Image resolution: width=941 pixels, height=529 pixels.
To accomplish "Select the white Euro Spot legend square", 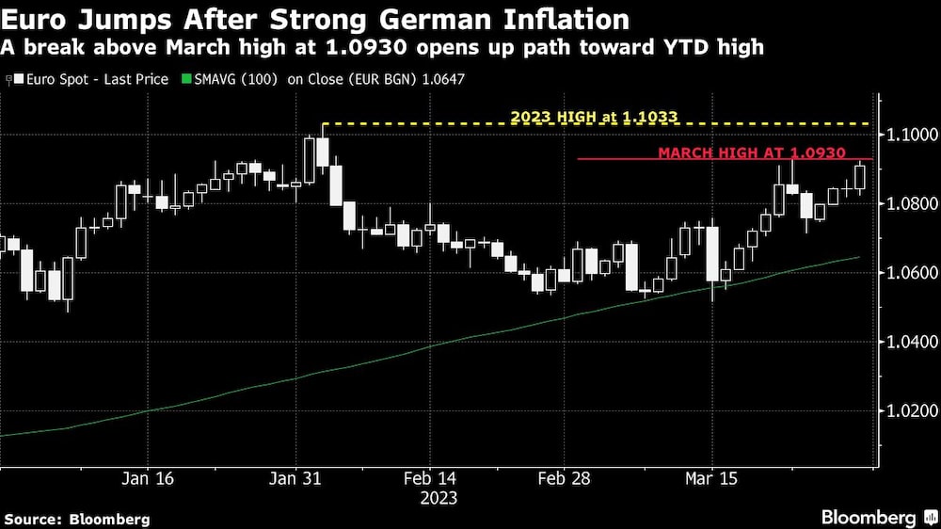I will pyautogui.click(x=18, y=80).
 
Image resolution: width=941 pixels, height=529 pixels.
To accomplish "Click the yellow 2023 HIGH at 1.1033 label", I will pyautogui.click(x=594, y=117).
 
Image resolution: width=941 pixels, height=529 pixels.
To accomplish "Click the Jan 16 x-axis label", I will pyautogui.click(x=148, y=479).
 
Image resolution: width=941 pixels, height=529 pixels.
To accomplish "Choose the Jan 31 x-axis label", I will pyautogui.click(x=295, y=479).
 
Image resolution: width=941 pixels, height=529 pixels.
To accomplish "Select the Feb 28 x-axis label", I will pyautogui.click(x=564, y=479).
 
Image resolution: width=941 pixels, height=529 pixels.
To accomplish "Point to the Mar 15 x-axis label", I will pyautogui.click(x=711, y=479).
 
